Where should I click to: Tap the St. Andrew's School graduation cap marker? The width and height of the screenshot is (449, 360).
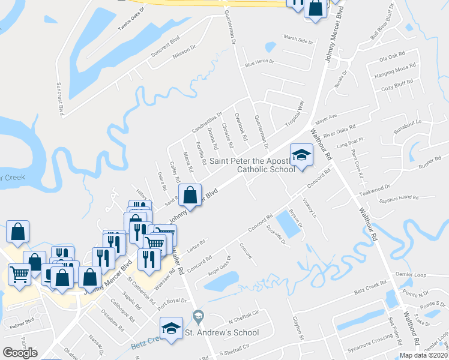click(x=171, y=328)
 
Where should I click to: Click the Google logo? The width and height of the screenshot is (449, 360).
click(x=20, y=353)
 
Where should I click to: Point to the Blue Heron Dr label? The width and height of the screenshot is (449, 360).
click(x=259, y=62)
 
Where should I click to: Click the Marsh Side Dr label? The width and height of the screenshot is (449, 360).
click(x=299, y=41)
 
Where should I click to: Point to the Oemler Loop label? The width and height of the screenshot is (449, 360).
click(x=412, y=275)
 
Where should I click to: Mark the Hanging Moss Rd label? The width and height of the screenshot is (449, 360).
click(x=395, y=69)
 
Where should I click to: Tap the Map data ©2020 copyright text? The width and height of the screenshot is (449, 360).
click(x=424, y=355)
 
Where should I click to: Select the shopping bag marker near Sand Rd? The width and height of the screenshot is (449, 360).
click(x=190, y=195)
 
